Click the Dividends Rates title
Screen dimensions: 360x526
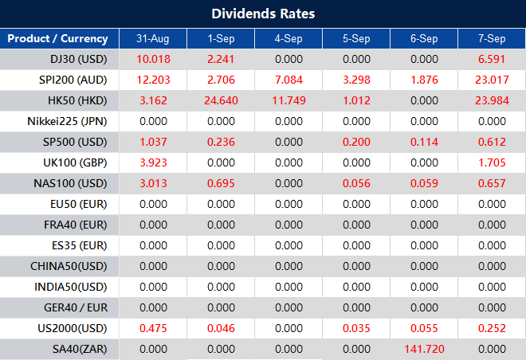(x=263, y=14)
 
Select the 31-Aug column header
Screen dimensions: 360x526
(x=152, y=38)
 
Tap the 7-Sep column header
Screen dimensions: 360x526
(x=492, y=38)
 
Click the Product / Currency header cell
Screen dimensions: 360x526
(x=57, y=38)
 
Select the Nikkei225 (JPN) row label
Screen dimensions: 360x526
(x=67, y=121)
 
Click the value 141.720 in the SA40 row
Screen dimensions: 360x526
(x=424, y=349)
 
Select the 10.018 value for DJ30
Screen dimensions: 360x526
(x=152, y=59)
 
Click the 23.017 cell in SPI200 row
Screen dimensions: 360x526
(x=492, y=80)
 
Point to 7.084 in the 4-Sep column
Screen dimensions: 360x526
(x=288, y=80)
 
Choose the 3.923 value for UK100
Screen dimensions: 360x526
(x=152, y=162)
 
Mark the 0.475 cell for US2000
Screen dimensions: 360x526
(x=152, y=328)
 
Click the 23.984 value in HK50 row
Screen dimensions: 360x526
(x=492, y=100)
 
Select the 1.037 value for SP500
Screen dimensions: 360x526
(x=152, y=142)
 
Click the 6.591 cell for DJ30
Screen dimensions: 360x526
(x=492, y=59)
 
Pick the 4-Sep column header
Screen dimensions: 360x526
(x=288, y=38)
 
